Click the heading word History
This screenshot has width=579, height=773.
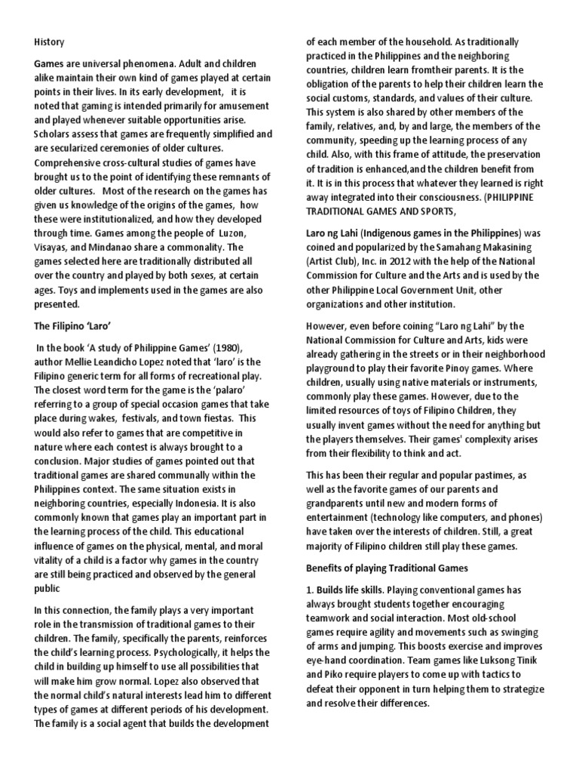(x=48, y=42)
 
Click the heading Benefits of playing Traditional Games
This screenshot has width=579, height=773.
(x=396, y=566)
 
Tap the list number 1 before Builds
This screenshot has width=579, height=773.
(x=309, y=589)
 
